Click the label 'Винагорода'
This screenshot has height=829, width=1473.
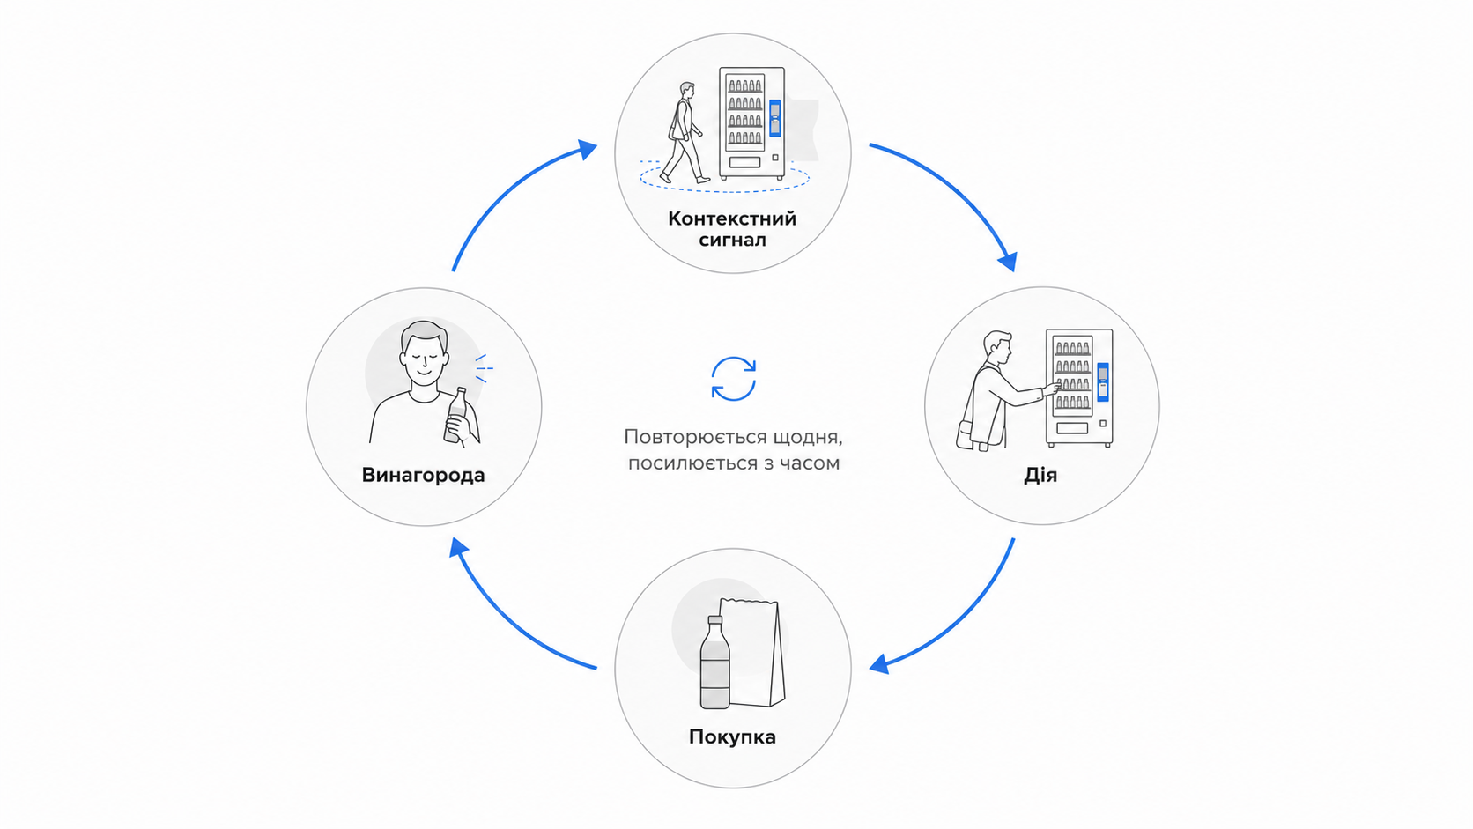[423, 475]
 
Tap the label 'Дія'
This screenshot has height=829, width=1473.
[1040, 475]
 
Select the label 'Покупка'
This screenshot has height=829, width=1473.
[733, 737]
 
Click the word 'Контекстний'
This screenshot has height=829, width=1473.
[732, 218]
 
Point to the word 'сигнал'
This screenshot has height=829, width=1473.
[733, 240]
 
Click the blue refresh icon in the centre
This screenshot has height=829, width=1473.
[733, 379]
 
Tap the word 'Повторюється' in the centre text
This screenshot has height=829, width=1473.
[689, 437]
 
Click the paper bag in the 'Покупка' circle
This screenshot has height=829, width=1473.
[753, 652]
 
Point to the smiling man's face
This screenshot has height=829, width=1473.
[425, 359]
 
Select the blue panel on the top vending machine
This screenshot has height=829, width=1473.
[774, 118]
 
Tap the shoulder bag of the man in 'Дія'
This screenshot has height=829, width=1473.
[966, 435]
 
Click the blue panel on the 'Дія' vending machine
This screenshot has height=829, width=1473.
[1103, 382]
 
